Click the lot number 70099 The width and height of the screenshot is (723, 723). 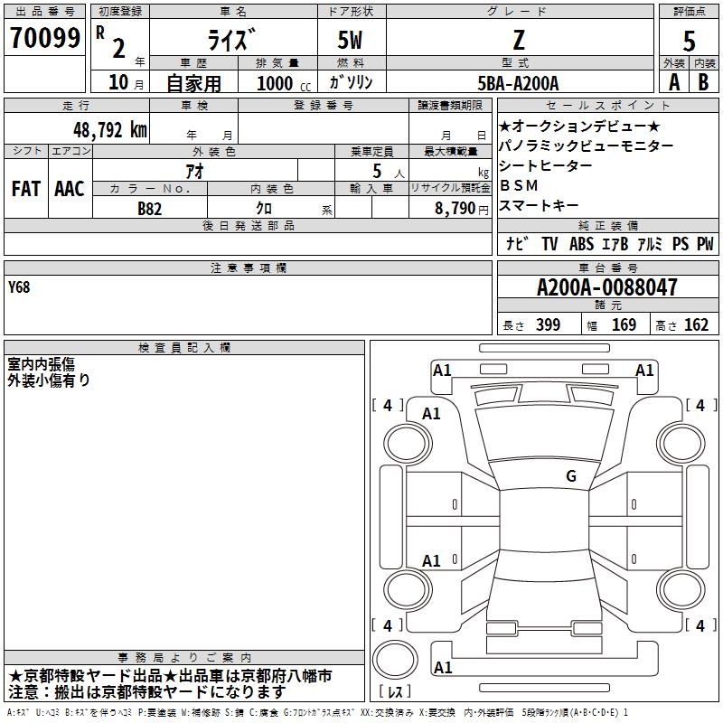[44, 38]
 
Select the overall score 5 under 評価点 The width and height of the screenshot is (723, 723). [689, 41]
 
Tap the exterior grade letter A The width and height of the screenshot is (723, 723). [674, 82]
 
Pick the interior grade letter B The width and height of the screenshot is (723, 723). [703, 82]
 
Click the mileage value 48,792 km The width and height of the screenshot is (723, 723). [109, 130]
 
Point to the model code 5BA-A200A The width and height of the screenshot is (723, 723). [518, 83]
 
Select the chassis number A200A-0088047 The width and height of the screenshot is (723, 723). [607, 287]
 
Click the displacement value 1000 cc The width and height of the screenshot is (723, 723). [284, 83]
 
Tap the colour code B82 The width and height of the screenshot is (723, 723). [149, 209]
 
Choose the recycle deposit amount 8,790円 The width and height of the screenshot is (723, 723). [462, 209]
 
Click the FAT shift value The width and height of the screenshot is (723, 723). [26, 189]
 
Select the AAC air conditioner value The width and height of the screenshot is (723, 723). [70, 189]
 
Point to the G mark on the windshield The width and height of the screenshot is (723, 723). [571, 475]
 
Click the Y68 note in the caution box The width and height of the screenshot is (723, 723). [19, 287]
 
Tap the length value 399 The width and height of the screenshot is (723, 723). [548, 324]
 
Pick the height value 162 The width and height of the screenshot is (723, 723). [696, 324]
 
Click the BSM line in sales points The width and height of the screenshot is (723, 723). [519, 185]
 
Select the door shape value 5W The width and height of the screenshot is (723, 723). [350, 40]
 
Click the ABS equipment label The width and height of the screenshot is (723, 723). [581, 243]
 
